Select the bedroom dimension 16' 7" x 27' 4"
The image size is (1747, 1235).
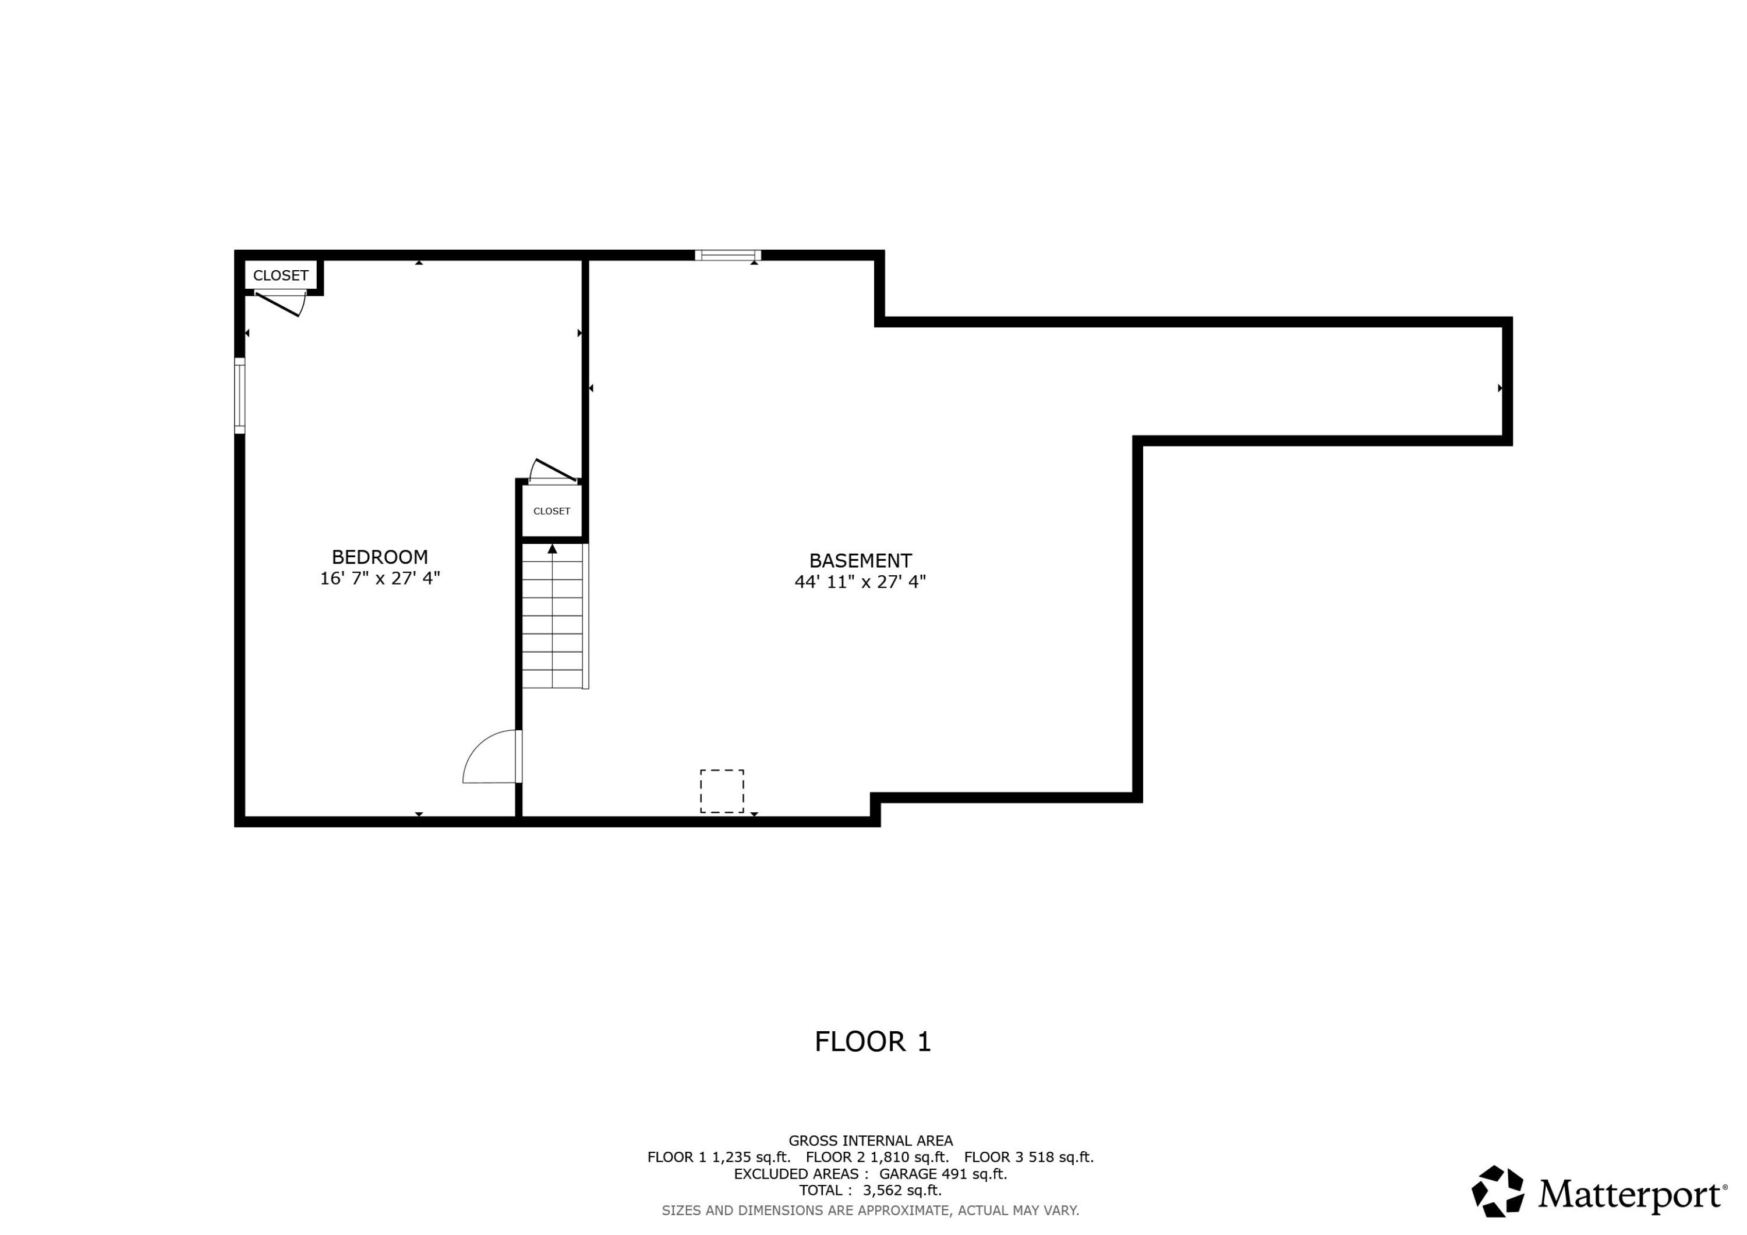tap(380, 578)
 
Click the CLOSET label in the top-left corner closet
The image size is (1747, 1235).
tap(280, 275)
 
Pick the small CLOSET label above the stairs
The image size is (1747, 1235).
tap(551, 511)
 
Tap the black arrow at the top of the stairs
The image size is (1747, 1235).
tap(553, 549)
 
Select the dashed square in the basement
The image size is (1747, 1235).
tap(722, 791)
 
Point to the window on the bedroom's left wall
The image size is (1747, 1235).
tap(240, 396)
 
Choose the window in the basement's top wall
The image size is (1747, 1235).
tap(727, 255)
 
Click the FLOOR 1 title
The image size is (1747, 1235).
tap(873, 1042)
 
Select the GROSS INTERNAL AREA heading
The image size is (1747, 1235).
tap(871, 1141)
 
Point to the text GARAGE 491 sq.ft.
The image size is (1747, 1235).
tap(943, 1174)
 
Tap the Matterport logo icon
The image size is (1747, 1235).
tap(1497, 1192)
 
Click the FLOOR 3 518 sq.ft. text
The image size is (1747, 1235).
tap(1029, 1158)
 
